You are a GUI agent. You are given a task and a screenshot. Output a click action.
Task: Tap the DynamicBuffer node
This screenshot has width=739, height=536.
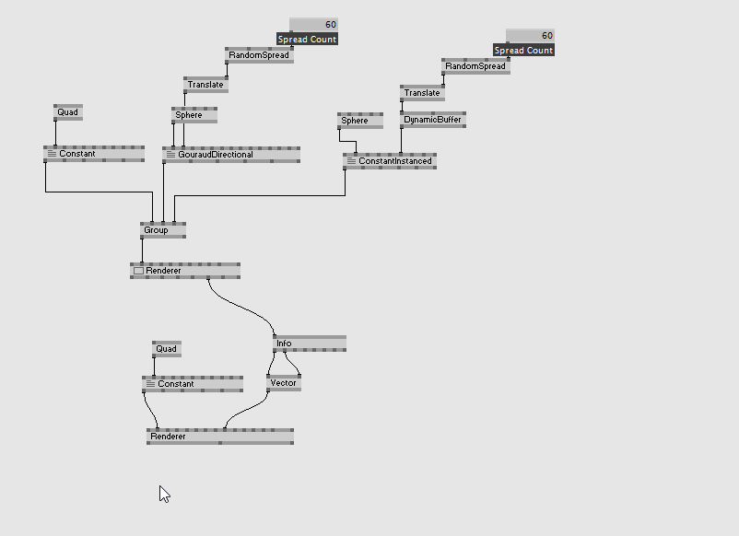pyautogui.click(x=433, y=120)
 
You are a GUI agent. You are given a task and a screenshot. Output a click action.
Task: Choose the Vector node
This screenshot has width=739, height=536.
pyautogui.click(x=284, y=383)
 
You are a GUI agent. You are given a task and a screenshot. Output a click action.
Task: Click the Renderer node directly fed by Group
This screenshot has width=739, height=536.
pyautogui.click(x=184, y=271)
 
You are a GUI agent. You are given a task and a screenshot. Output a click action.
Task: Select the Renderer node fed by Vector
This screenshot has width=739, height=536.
pyautogui.click(x=219, y=437)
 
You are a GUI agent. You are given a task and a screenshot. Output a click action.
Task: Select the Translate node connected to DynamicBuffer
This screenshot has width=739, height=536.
pyautogui.click(x=422, y=93)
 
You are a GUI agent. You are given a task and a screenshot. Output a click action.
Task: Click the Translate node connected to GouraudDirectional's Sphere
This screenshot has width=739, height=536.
pyautogui.click(x=205, y=85)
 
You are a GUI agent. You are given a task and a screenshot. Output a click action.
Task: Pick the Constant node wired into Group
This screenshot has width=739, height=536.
pyautogui.click(x=93, y=154)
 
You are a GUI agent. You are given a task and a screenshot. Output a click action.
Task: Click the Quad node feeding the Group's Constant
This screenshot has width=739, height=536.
pyautogui.click(x=68, y=112)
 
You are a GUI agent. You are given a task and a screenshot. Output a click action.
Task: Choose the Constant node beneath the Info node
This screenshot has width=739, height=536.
pyautogui.click(x=192, y=384)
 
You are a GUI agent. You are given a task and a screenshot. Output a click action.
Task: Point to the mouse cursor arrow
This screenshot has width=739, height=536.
pyautogui.click(x=163, y=493)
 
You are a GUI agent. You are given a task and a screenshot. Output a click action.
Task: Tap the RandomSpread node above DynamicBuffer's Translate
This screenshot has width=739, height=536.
pyautogui.click(x=475, y=66)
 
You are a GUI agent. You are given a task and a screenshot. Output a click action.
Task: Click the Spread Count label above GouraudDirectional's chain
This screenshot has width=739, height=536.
pyautogui.click(x=307, y=40)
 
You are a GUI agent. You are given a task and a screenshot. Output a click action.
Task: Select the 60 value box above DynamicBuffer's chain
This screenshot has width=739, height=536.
pyautogui.click(x=530, y=36)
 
